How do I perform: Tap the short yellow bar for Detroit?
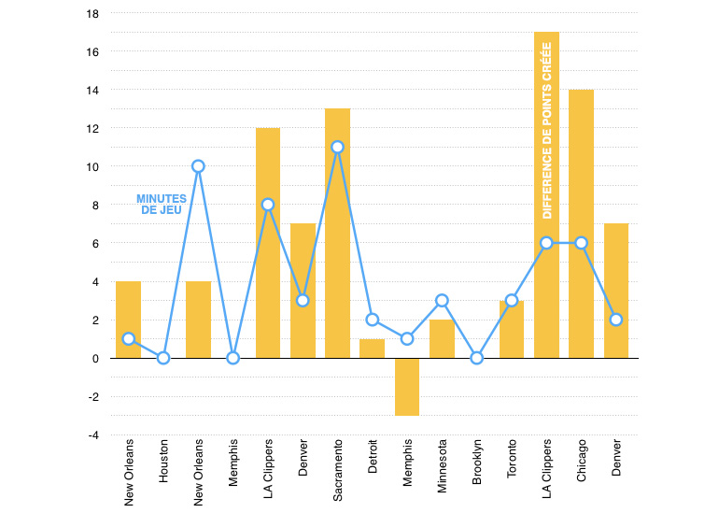pos(372,349)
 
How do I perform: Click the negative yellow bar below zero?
pos(407,387)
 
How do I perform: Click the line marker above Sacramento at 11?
pos(337,147)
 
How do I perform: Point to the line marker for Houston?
pos(163,358)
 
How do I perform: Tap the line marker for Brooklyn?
pos(477,358)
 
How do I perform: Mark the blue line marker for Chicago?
pos(581,243)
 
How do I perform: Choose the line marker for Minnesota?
pos(442,301)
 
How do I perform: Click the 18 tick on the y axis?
pos(92,14)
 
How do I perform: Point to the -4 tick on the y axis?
pos(92,434)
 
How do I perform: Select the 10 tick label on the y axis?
pos(92,166)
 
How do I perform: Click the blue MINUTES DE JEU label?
pos(162,205)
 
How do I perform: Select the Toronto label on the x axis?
pos(512,460)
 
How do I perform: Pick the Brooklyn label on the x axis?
pos(477,460)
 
